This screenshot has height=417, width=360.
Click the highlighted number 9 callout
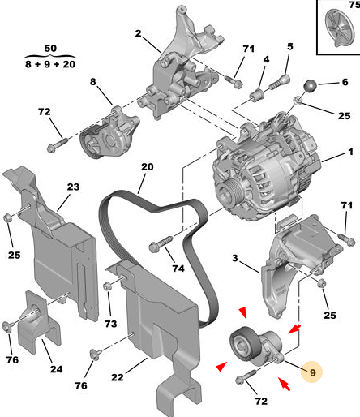click(x=312, y=372)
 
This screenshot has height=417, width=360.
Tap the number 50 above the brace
click(x=50, y=49)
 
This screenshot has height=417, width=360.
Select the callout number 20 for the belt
click(x=148, y=167)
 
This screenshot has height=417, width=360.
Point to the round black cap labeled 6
click(x=311, y=85)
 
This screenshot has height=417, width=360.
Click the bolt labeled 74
click(x=161, y=243)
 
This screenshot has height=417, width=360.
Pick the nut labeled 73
click(x=107, y=286)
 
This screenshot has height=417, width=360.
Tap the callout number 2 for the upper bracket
click(x=138, y=33)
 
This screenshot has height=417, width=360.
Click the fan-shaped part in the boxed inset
click(x=340, y=28)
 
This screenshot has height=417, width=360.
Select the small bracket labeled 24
click(x=38, y=322)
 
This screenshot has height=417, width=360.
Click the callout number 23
click(x=73, y=187)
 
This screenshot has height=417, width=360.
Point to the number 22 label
click(x=118, y=377)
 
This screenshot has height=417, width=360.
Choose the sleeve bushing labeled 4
click(x=256, y=95)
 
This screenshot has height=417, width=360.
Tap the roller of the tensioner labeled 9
click(x=242, y=343)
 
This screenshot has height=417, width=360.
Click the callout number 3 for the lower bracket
click(x=235, y=258)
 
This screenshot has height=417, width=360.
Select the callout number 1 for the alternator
click(x=350, y=152)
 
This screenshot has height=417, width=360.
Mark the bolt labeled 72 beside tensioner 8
click(x=57, y=144)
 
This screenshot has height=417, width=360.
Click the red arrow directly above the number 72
click(x=285, y=384)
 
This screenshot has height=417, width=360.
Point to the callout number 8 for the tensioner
click(x=92, y=81)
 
